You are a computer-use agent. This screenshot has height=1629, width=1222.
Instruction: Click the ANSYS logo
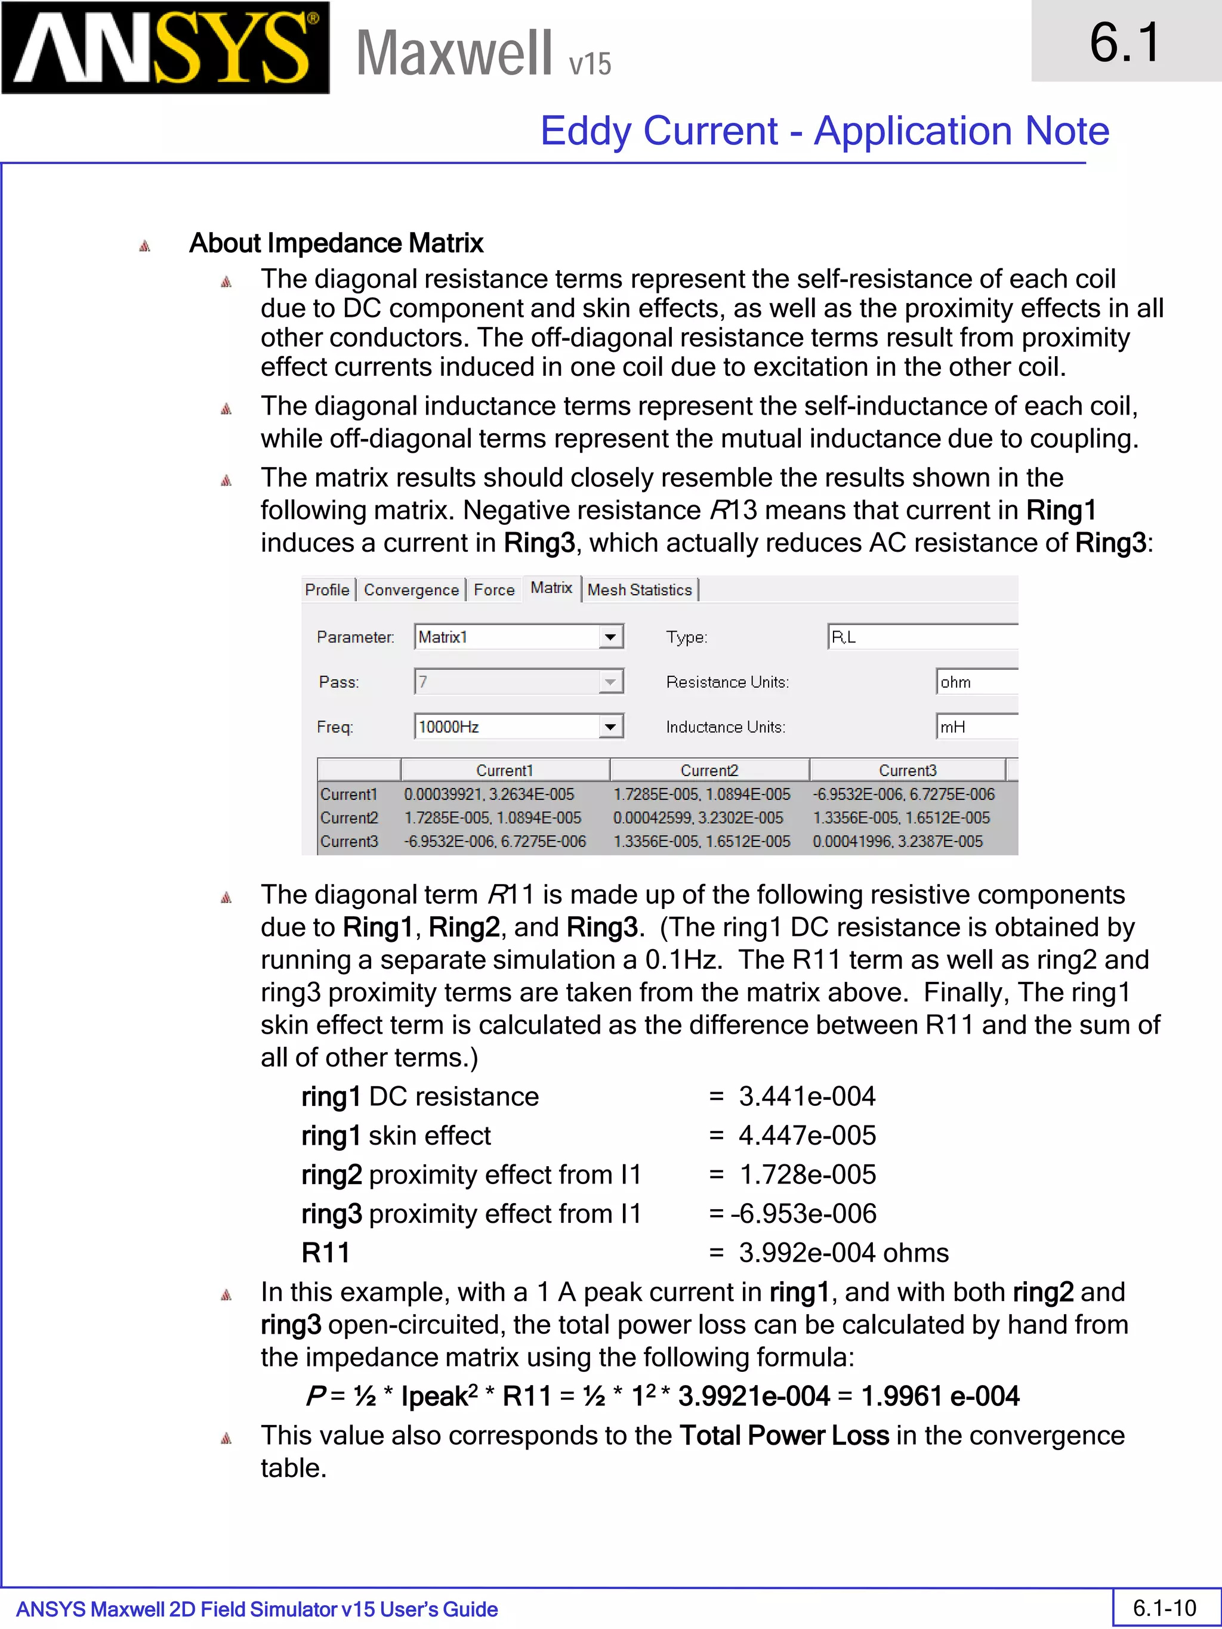pos(165,48)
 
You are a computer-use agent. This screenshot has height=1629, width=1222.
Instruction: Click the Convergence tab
pos(411,590)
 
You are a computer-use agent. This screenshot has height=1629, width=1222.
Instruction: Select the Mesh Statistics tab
pos(640,590)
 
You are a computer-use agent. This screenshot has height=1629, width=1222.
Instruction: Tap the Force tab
pos(493,590)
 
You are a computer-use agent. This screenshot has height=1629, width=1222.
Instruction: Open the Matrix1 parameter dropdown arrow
pos(610,637)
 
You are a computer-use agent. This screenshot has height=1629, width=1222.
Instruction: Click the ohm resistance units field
pos(976,682)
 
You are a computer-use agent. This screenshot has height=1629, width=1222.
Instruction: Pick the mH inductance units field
pos(976,727)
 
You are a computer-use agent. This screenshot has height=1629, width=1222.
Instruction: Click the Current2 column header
pos(709,770)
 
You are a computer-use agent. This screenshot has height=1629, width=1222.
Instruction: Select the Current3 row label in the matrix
pos(349,841)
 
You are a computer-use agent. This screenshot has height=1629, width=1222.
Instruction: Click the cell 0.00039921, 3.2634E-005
pos(489,794)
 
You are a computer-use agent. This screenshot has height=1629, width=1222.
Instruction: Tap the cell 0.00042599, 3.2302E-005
pos(698,817)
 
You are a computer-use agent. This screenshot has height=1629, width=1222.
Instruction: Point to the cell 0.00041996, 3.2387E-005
pos(897,841)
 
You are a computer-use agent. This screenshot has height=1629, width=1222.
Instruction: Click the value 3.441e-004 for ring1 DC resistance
pos(807,1096)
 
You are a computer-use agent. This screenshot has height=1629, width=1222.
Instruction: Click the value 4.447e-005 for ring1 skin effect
pos(807,1136)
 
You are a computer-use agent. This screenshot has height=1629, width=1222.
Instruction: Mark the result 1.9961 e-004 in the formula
pos(940,1396)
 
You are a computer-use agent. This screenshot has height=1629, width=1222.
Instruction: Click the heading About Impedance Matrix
pos(336,243)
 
